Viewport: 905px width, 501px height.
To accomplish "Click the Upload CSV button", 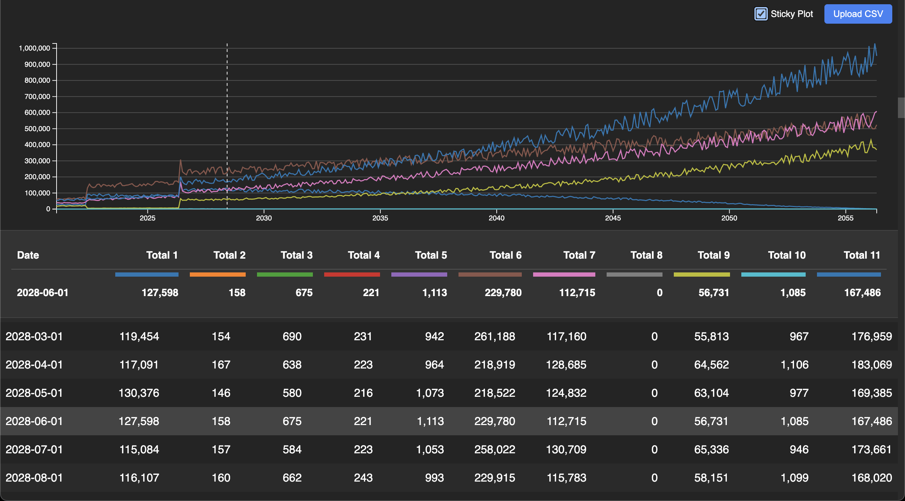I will pyautogui.click(x=858, y=14).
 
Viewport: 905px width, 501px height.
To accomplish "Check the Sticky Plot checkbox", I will pyautogui.click(x=761, y=14).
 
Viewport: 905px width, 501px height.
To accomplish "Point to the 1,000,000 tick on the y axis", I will pyautogui.click(x=34, y=48).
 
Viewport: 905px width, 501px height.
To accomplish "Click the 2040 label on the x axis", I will pyautogui.click(x=496, y=218).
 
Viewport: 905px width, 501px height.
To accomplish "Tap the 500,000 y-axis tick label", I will pyautogui.click(x=37, y=129).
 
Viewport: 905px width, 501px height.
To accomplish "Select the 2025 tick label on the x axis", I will pyautogui.click(x=147, y=218).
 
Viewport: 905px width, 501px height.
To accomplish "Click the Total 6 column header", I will pyautogui.click(x=505, y=255).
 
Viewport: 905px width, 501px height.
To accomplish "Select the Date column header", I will pyautogui.click(x=28, y=255).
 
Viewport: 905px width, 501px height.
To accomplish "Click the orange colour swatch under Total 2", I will pyautogui.click(x=217, y=275).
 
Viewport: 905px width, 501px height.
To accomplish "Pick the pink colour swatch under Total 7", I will pyautogui.click(x=564, y=275).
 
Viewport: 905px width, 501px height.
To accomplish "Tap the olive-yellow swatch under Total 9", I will pyautogui.click(x=701, y=275).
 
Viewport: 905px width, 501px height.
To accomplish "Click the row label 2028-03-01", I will pyautogui.click(x=34, y=336).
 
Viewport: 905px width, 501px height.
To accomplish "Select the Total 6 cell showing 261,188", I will pyautogui.click(x=494, y=336).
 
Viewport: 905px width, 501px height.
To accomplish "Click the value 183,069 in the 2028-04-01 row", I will pyautogui.click(x=871, y=365).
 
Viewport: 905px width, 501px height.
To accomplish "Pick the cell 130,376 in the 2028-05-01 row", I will pyautogui.click(x=139, y=393).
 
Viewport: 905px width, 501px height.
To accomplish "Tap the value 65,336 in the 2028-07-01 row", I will pyautogui.click(x=711, y=449).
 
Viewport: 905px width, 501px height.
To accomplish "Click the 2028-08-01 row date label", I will pyautogui.click(x=34, y=478).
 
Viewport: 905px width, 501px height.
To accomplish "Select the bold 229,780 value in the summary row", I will pyautogui.click(x=503, y=293).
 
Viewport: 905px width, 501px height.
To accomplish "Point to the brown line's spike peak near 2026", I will pyautogui.click(x=181, y=160).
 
